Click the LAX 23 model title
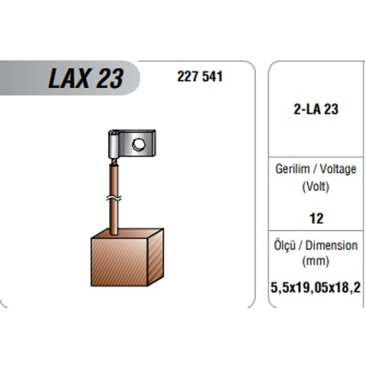pyautogui.click(x=86, y=78)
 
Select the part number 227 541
pyautogui.click(x=200, y=76)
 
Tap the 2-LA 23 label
pyautogui.click(x=316, y=109)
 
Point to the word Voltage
pyautogui.click(x=338, y=169)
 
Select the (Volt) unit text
pyautogui.click(x=316, y=187)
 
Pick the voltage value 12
pyautogui.click(x=316, y=218)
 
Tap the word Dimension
pyautogui.click(x=331, y=246)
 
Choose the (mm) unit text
pyautogui.click(x=316, y=261)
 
